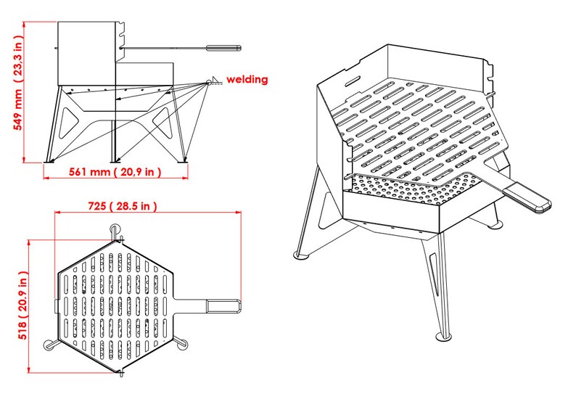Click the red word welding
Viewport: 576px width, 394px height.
point(247,79)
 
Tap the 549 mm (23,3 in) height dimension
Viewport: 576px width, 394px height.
point(18,93)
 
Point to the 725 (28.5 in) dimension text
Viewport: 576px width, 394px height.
point(121,206)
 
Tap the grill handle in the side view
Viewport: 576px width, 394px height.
point(223,48)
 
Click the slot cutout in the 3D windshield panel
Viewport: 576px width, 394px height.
point(353,78)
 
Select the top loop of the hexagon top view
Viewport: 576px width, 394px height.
point(115,229)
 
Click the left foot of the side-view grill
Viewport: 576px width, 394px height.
point(47,159)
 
